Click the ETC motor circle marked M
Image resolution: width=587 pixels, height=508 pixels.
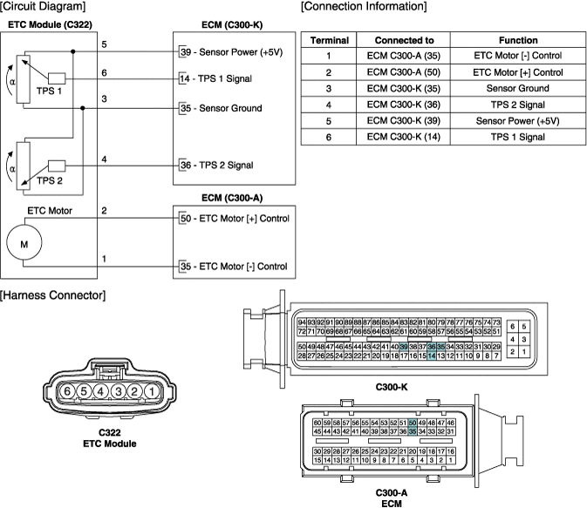(x=24, y=244)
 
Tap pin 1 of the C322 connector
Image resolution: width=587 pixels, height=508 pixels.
(x=152, y=391)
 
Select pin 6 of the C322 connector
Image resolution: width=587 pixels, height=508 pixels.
(x=67, y=391)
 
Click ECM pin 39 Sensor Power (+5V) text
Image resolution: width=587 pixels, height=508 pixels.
(x=229, y=52)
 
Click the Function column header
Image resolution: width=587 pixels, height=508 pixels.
(x=518, y=40)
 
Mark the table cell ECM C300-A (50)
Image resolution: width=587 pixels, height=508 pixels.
(x=403, y=72)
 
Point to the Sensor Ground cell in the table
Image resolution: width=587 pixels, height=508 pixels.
(x=518, y=88)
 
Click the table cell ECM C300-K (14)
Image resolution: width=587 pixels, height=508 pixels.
(x=403, y=137)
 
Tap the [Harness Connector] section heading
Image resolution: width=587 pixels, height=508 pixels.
(x=53, y=296)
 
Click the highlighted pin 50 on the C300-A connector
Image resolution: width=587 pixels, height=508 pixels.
(x=413, y=423)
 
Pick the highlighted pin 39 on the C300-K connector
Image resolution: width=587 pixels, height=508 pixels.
(x=404, y=347)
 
